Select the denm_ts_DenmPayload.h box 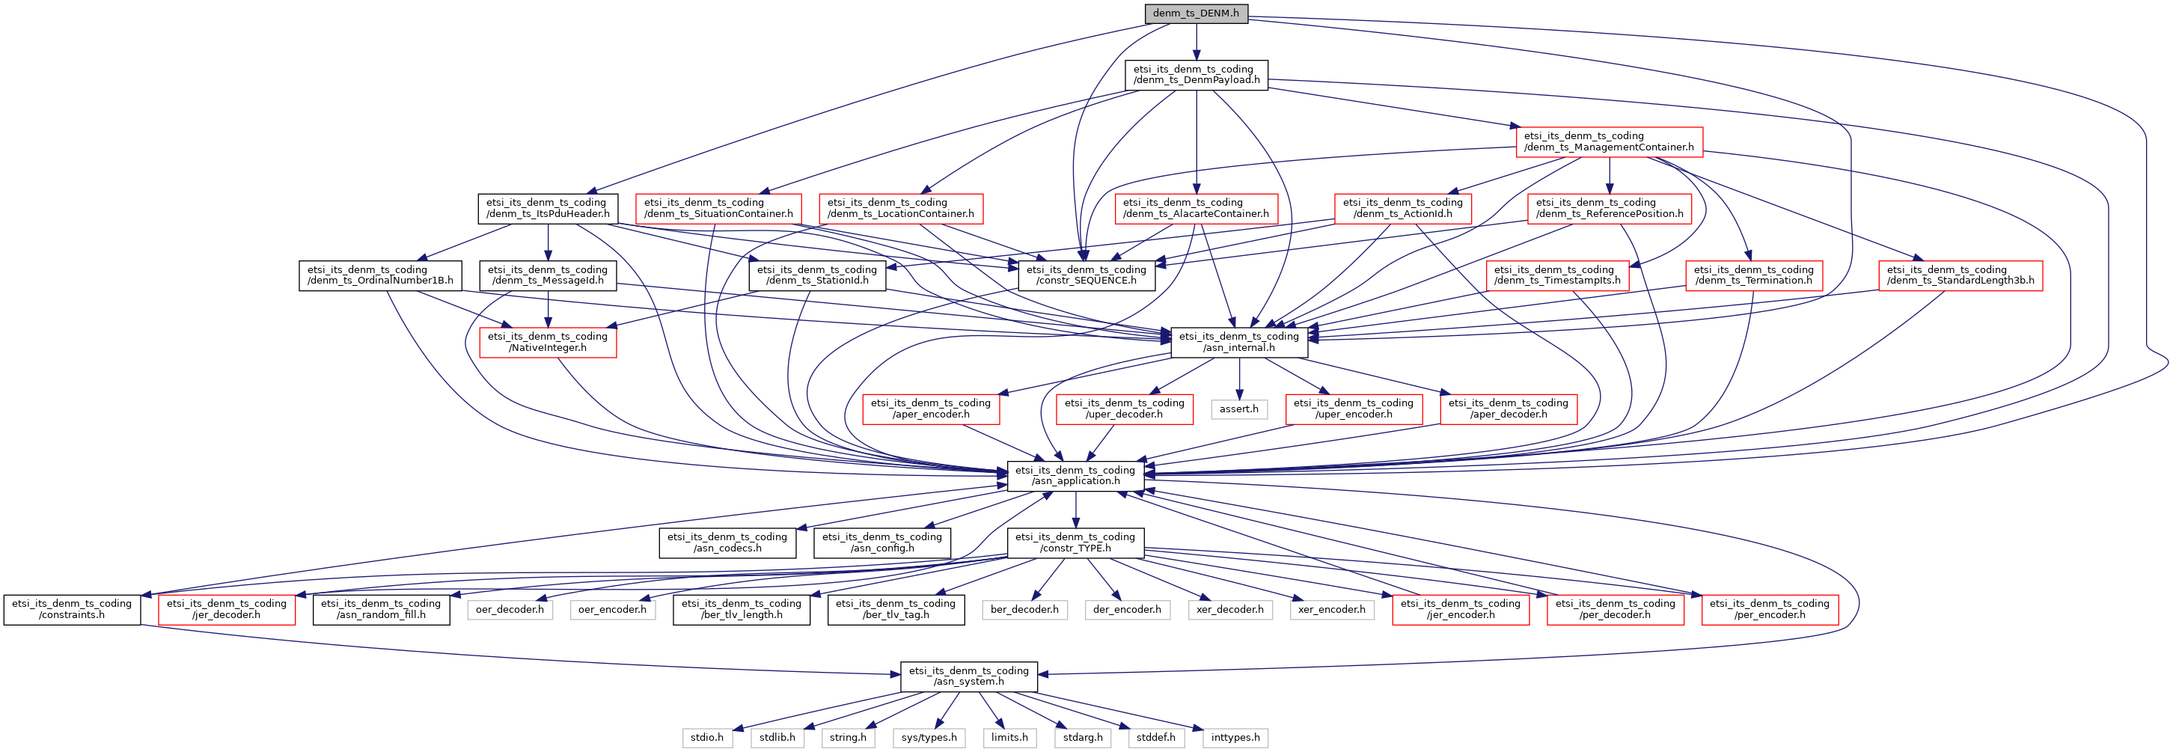[x=1196, y=74]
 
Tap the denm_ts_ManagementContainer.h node [x=1609, y=141]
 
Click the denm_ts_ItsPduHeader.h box [x=548, y=209]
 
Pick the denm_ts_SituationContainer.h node [x=718, y=209]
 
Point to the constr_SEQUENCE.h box [x=1086, y=275]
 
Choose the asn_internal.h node [x=1238, y=342]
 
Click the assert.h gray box [x=1238, y=409]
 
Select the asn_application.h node [x=1075, y=476]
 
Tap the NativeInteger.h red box [x=548, y=342]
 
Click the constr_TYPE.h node [x=1075, y=542]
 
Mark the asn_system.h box [x=968, y=676]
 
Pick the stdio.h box [x=707, y=738]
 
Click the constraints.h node [x=72, y=609]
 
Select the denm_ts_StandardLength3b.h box [x=1960, y=275]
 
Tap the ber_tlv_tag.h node [x=895, y=609]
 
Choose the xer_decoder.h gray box [x=1229, y=609]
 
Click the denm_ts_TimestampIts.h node [x=1556, y=275]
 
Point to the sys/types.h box [x=929, y=738]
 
